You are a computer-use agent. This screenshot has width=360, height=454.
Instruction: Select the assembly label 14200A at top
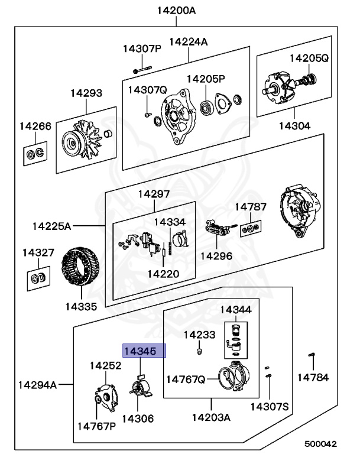[177, 10]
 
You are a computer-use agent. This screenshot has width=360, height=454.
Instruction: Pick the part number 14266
[35, 126]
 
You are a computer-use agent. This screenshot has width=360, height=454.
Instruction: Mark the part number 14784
[313, 377]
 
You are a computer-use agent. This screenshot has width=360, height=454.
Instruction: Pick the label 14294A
[37, 385]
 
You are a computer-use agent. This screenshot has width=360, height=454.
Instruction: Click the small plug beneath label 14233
[199, 352]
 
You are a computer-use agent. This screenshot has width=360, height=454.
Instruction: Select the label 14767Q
[185, 379]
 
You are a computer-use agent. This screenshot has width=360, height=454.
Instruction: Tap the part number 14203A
[211, 417]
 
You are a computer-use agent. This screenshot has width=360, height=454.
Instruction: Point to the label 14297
[154, 194]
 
